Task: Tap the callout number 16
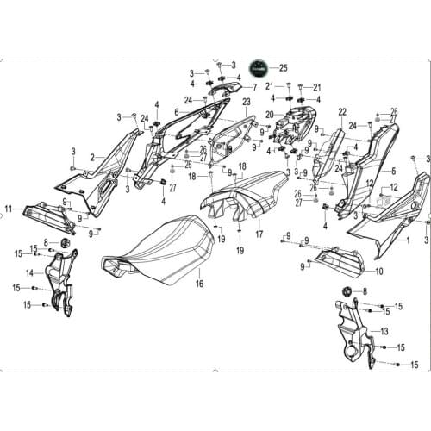pos(199,283)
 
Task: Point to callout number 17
pos(259,234)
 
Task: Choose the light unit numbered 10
pos(340,258)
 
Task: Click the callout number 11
pos(9,209)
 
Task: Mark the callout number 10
pos(380,271)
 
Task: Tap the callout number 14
pos(29,272)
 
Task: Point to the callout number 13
pos(384,330)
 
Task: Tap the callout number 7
pos(255,88)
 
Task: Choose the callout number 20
pos(270,115)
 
